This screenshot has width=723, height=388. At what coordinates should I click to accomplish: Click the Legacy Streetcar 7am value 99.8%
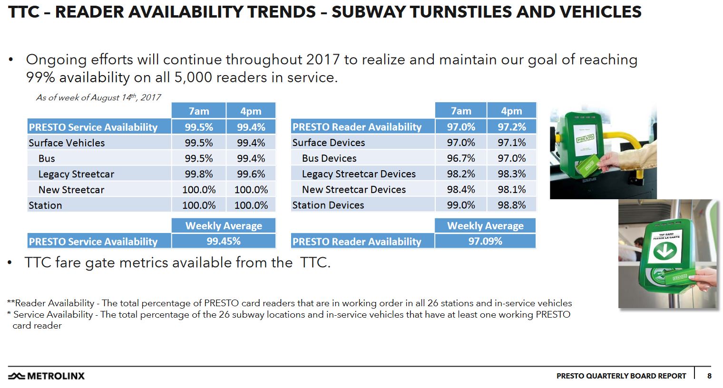[x=199, y=174]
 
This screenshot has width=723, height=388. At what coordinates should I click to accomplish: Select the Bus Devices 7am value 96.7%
[x=460, y=158]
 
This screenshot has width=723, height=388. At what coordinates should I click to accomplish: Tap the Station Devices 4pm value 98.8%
[x=511, y=205]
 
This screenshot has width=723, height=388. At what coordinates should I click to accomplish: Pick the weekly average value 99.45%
[x=223, y=241]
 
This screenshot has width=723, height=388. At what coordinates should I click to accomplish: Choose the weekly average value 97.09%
[x=485, y=241]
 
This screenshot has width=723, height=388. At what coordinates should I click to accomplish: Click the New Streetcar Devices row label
[x=353, y=189]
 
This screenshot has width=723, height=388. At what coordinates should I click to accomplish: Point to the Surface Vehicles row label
[x=67, y=143]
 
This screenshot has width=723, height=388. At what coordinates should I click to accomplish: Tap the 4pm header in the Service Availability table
[x=251, y=111]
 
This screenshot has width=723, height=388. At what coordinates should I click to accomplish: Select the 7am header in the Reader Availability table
[x=460, y=111]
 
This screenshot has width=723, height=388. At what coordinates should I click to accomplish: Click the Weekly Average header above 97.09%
[x=485, y=226]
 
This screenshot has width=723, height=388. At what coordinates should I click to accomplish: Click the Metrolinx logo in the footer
[x=47, y=376]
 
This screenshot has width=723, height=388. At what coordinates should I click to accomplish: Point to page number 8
[x=709, y=376]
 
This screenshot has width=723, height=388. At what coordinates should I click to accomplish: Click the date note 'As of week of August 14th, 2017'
[x=98, y=97]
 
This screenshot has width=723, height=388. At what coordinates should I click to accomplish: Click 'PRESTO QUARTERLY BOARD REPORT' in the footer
[x=621, y=376]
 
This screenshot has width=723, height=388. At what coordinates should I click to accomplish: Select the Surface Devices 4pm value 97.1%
[x=511, y=143]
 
